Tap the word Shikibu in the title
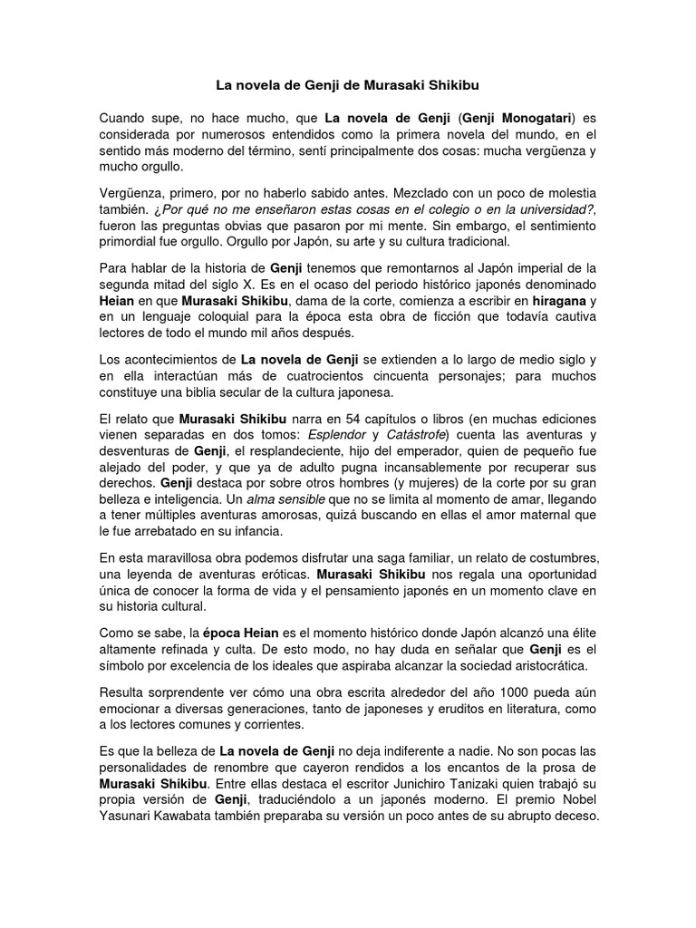[x=449, y=85]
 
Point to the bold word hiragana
[x=555, y=301]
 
